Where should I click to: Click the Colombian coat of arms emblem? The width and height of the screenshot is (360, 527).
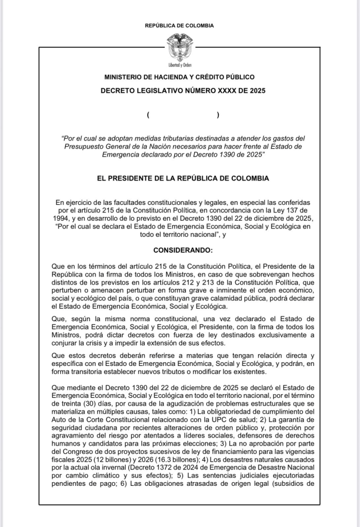(179, 46)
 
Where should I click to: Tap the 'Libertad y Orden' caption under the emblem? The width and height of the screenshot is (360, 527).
(180, 65)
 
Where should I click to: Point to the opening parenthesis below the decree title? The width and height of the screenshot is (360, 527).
(148, 115)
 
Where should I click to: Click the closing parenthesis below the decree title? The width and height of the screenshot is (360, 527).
(218, 115)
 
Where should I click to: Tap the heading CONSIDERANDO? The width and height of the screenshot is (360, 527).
(179, 250)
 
